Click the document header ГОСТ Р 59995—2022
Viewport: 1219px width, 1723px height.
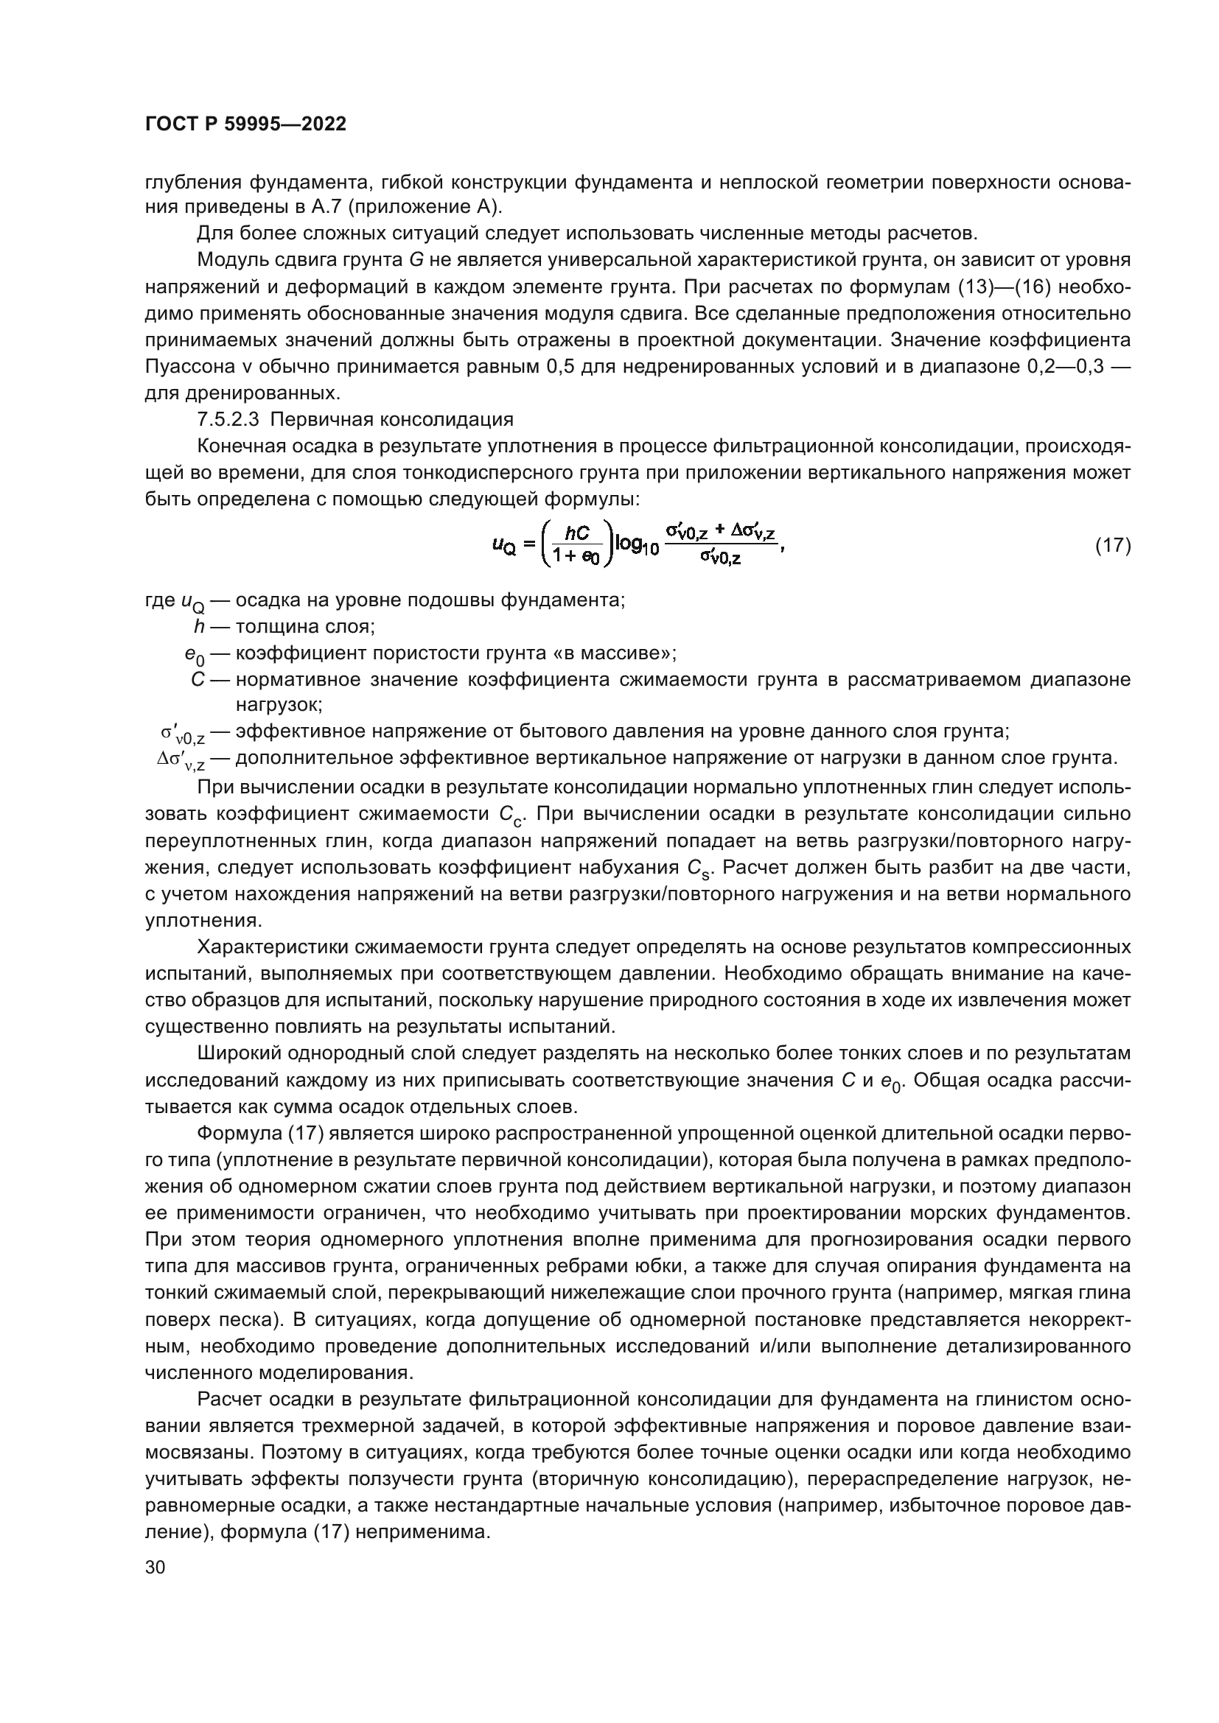tap(245, 124)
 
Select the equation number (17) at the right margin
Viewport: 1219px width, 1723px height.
tap(1111, 546)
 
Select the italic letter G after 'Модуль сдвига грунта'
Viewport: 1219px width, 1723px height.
tap(416, 262)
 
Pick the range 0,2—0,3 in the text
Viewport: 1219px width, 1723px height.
tap(1066, 367)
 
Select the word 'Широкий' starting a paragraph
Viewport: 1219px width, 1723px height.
tap(237, 1054)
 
